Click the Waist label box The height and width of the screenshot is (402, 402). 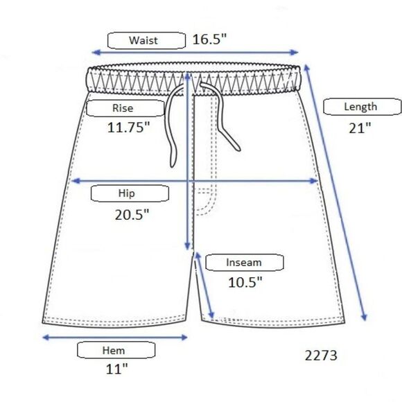tap(146, 40)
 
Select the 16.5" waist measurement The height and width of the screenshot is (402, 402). tap(209, 40)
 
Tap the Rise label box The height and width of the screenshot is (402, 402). tap(125, 108)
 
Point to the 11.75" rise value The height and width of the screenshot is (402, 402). tap(128, 127)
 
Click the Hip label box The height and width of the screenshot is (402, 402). tap(130, 193)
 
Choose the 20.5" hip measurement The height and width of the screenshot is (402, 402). tap(132, 215)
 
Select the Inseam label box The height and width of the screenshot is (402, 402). tap(245, 263)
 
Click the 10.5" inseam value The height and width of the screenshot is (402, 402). tap(245, 283)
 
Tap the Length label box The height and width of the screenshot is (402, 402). tap(362, 107)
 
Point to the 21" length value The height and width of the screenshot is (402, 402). tap(360, 128)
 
